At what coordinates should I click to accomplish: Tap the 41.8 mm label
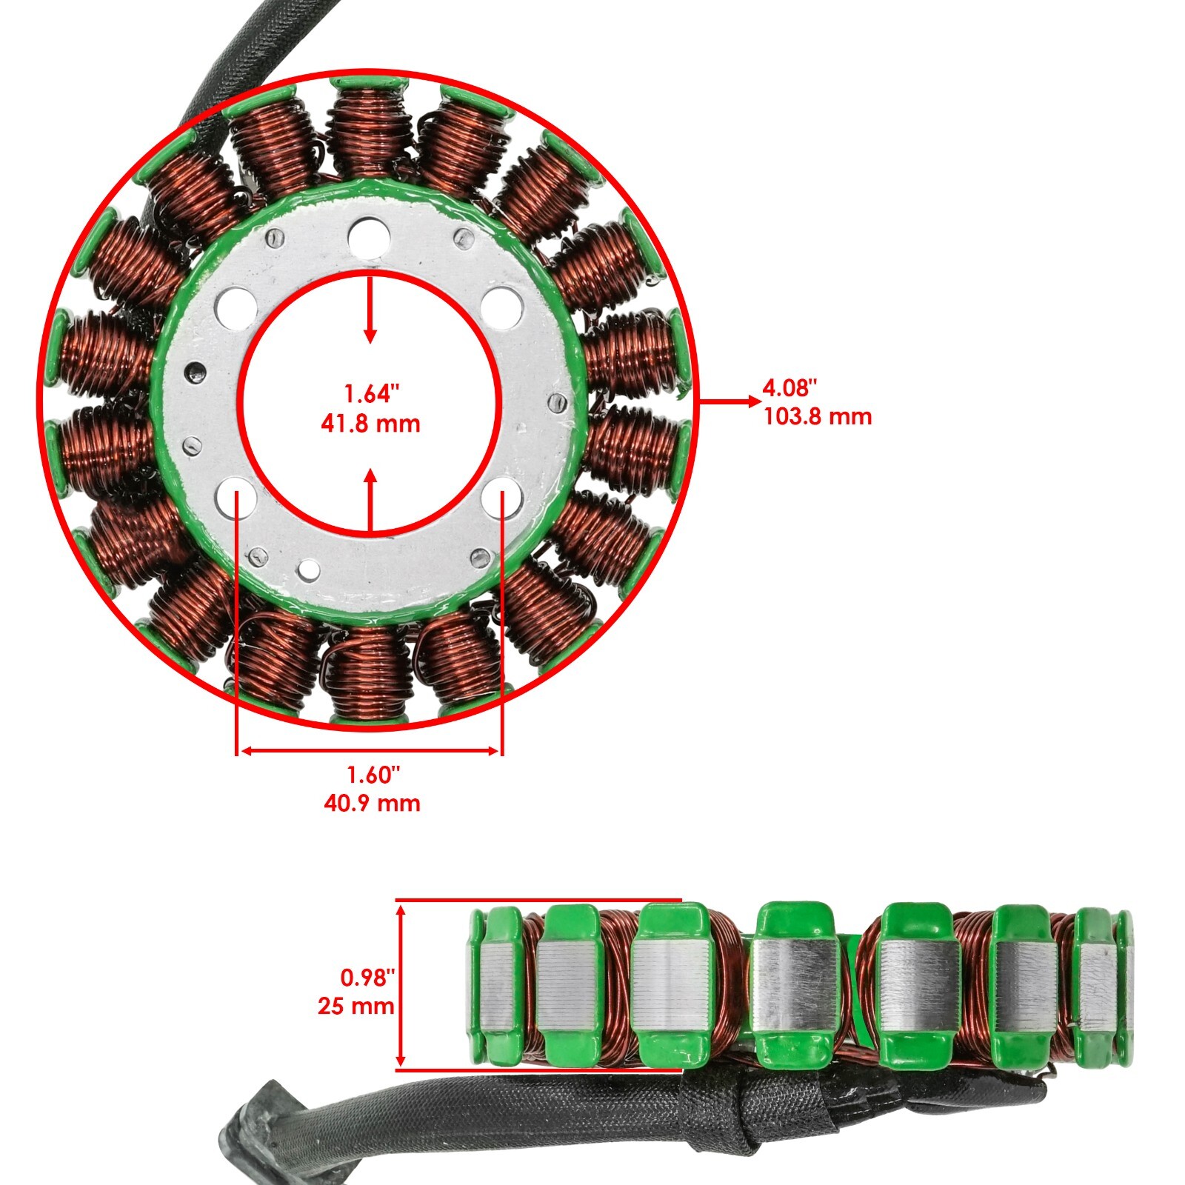click(x=370, y=424)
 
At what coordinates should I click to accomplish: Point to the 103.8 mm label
click(x=818, y=416)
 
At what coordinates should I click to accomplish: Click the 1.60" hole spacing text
click(x=373, y=775)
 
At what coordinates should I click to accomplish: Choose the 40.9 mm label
click(x=372, y=803)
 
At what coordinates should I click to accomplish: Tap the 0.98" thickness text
click(x=364, y=978)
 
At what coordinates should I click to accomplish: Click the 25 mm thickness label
click(x=356, y=1006)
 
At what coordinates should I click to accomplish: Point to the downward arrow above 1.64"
click(x=370, y=311)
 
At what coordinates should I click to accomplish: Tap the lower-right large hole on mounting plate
click(x=501, y=495)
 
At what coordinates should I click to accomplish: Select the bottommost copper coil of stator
click(x=368, y=674)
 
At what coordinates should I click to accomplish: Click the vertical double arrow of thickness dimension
click(x=401, y=985)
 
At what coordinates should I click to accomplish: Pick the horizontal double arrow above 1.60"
click(x=370, y=751)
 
